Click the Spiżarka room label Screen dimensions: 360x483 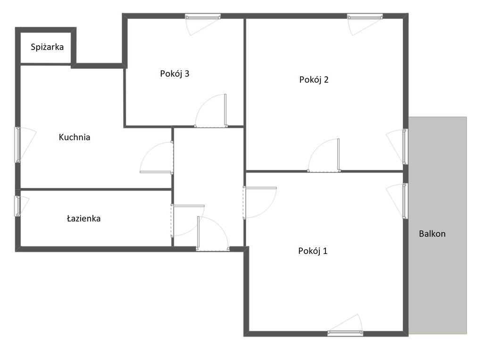pos(47,47)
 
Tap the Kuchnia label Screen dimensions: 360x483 pos(75,138)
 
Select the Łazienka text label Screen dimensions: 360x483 pos(83,219)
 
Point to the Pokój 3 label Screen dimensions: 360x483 pos(175,74)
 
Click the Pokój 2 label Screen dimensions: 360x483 pos(314,80)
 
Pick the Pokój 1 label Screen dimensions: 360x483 pos(313,251)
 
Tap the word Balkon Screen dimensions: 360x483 pos(432,234)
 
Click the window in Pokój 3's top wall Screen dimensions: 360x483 pos(203,16)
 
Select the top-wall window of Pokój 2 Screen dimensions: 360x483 pos(365,16)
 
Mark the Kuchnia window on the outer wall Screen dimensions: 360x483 pos(18,144)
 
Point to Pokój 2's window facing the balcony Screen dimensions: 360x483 pos(405,147)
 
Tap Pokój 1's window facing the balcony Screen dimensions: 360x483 pos(405,201)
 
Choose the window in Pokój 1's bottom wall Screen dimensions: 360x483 pos(345,333)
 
